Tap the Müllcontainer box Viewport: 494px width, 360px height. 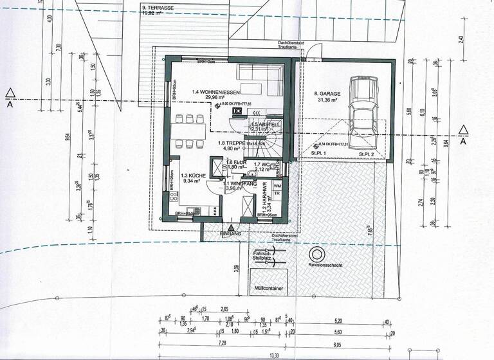[269, 289]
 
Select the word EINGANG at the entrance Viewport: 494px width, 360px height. [231, 233]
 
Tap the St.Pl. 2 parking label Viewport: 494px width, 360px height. [367, 154]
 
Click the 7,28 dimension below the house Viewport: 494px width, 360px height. [222, 345]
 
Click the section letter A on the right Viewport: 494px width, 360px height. [463, 142]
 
